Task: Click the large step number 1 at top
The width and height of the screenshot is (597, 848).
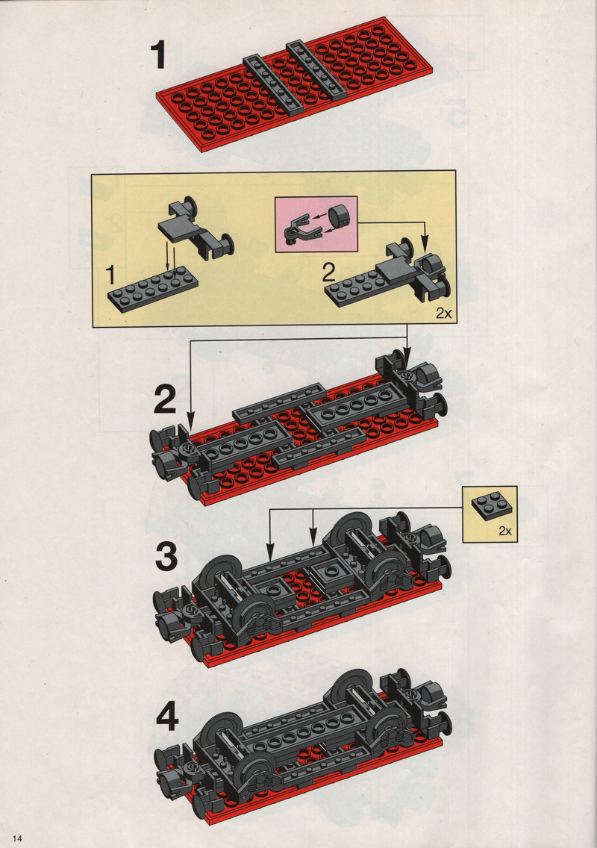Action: coord(158,56)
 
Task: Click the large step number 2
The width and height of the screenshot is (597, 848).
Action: coord(165,399)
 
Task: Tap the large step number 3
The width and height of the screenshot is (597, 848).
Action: coord(166,557)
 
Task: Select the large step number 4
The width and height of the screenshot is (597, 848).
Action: coord(167,718)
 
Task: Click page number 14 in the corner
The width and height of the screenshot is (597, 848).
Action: coord(16,838)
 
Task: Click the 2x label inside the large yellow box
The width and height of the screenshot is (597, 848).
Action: coord(443,313)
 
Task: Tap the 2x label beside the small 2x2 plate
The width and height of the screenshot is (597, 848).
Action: coord(505,531)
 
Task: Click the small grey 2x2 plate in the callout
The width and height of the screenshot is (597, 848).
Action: coord(492,505)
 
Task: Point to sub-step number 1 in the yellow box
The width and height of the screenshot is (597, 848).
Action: coord(110,275)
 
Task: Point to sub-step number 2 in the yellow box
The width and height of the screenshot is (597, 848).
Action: coord(328,273)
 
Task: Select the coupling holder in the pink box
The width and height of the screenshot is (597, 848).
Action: coord(298,228)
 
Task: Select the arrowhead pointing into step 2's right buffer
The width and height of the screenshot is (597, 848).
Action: coord(407,355)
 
